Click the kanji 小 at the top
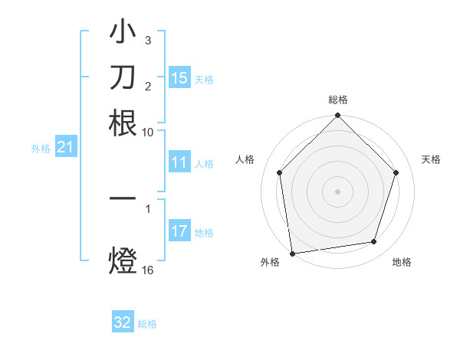(123, 34)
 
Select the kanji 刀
(123, 78)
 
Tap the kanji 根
(123, 123)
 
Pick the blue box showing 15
(179, 78)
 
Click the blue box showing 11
(179, 162)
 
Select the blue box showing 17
(179, 231)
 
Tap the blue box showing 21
(65, 148)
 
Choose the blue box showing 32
(123, 322)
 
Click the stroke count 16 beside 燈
(148, 270)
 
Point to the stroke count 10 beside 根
(147, 132)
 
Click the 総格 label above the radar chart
(338, 100)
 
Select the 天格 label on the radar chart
(431, 159)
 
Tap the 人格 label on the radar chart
(245, 159)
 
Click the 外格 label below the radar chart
(270, 262)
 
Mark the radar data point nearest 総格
(338, 116)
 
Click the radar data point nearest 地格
(374, 242)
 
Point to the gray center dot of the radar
(338, 191)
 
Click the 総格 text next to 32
(147, 324)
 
